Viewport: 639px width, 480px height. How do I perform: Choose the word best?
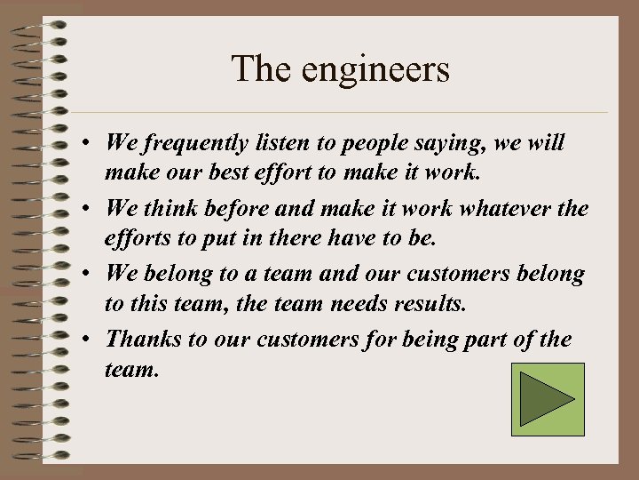(x=257, y=171)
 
